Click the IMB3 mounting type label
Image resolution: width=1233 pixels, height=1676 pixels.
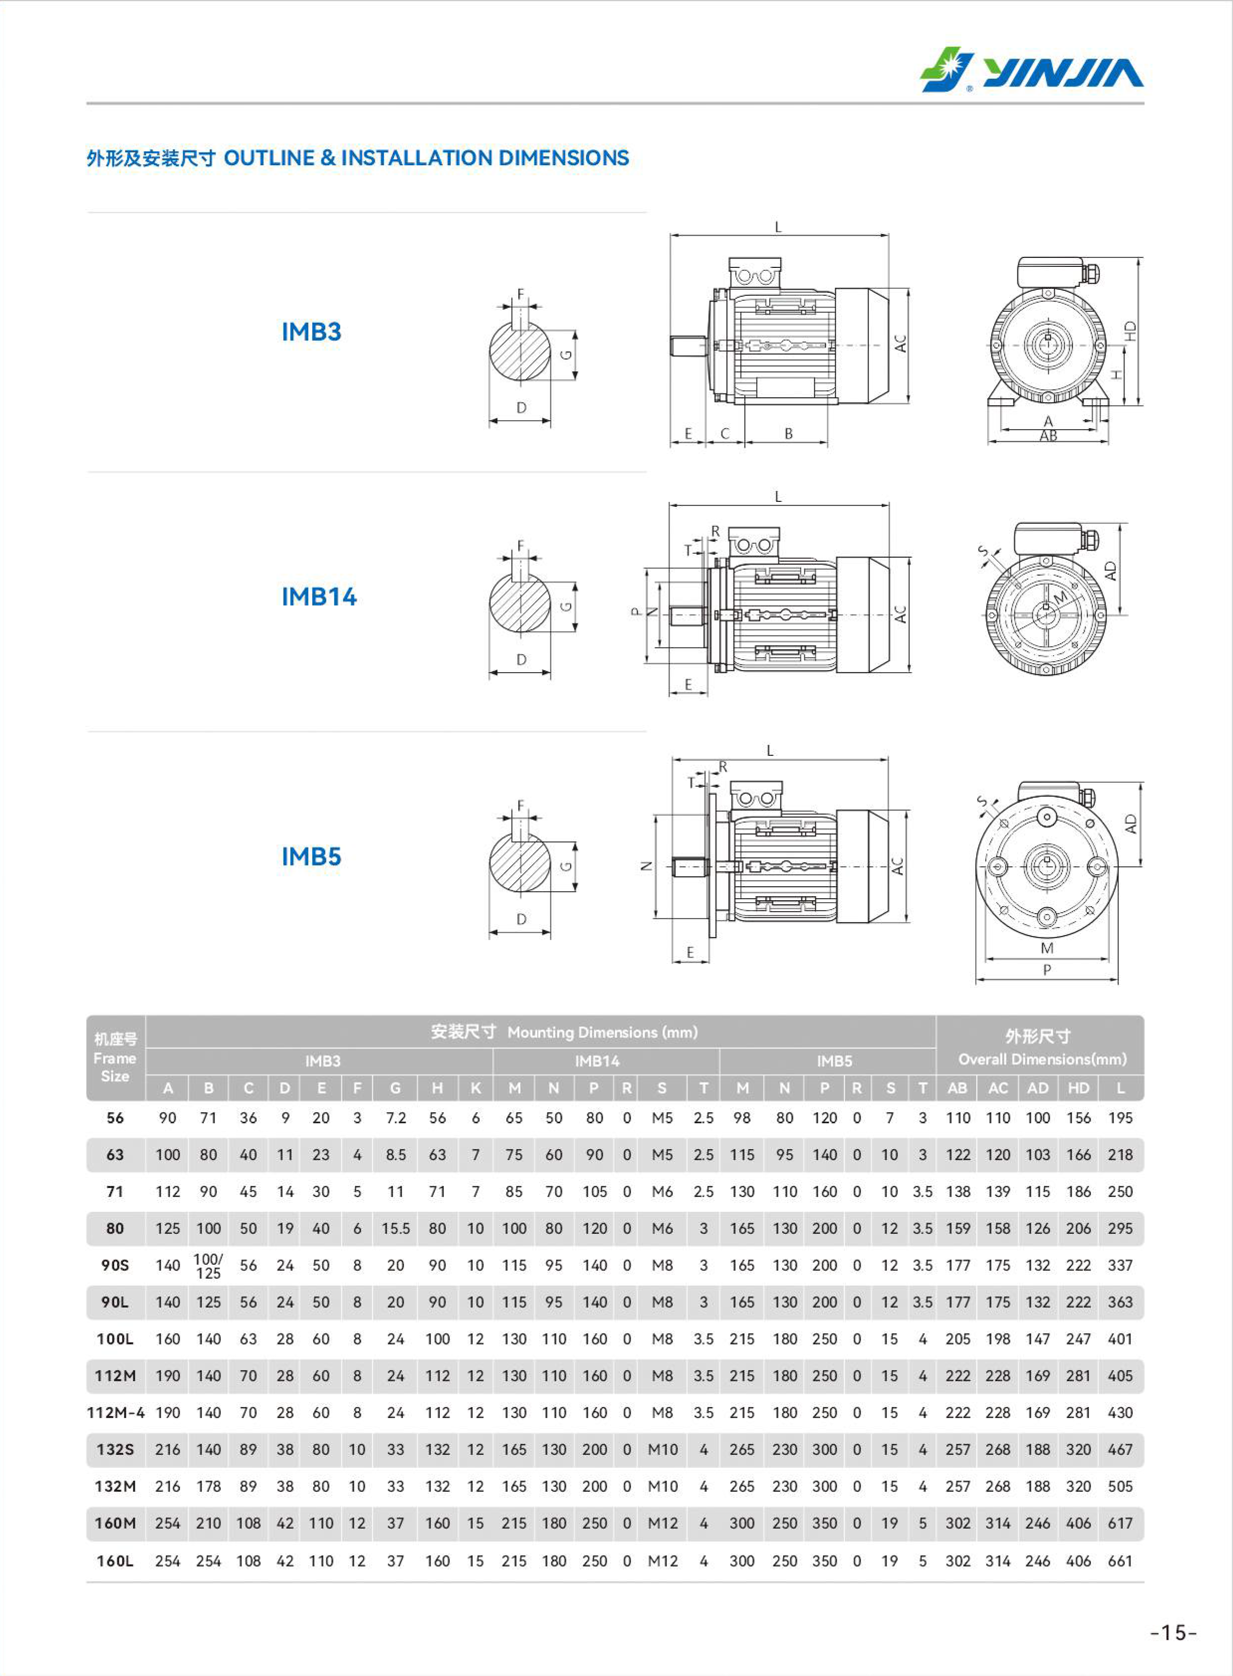[311, 332]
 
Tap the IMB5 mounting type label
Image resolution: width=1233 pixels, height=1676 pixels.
[311, 856]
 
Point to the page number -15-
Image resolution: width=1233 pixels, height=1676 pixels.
[1173, 1633]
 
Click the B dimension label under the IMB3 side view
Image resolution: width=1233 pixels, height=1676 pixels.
[788, 433]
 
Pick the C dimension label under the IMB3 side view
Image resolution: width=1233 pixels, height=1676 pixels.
[724, 433]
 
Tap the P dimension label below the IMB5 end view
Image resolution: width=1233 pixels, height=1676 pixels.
[1047, 970]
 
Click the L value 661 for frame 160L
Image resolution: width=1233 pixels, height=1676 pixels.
[1121, 1561]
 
